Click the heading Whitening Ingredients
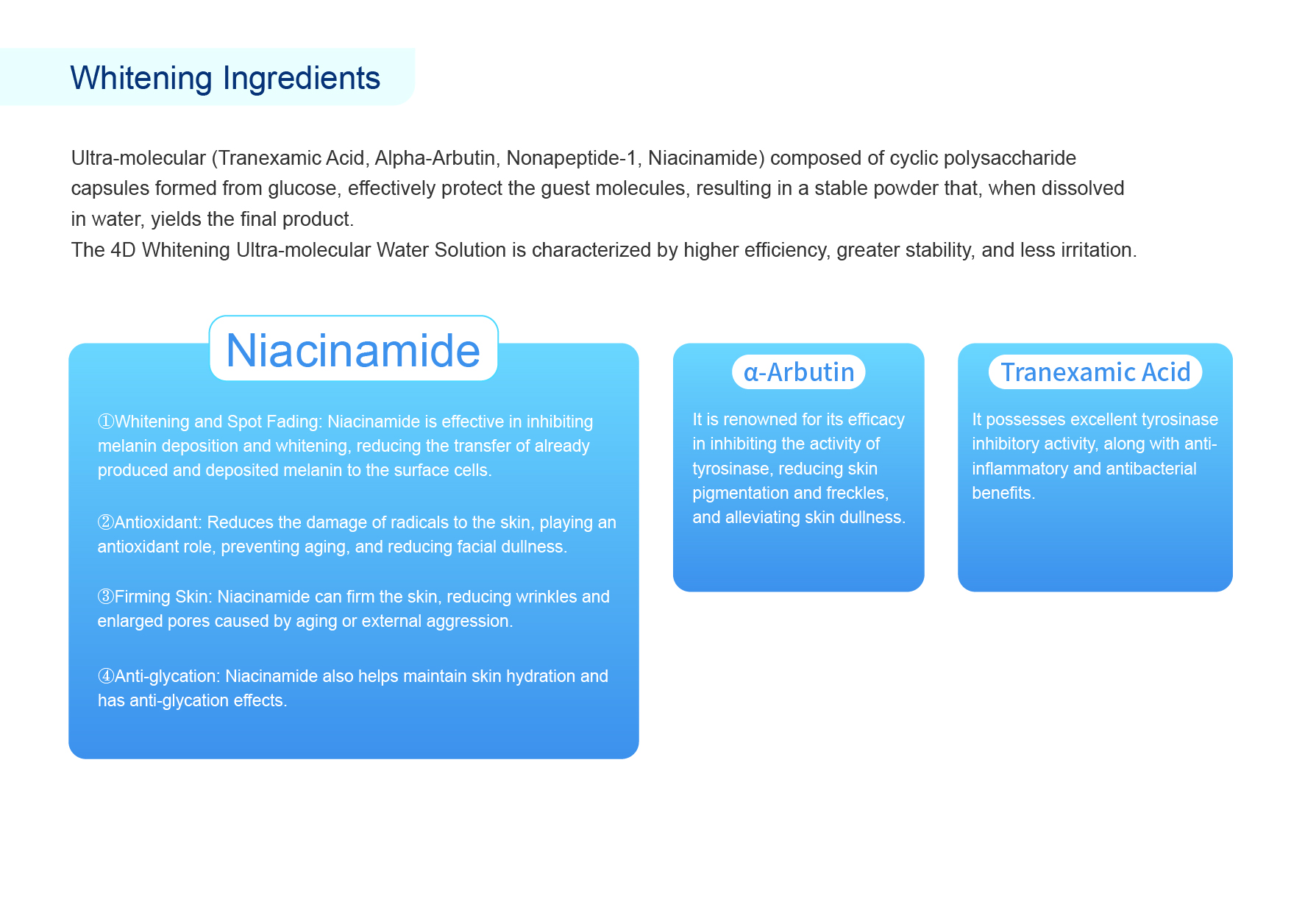click(x=225, y=78)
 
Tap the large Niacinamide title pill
click(x=353, y=349)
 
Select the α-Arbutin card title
click(x=799, y=372)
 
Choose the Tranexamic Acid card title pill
click(x=1095, y=372)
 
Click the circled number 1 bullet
click(x=106, y=422)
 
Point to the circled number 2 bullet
click(x=106, y=522)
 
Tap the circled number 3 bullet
click(x=106, y=597)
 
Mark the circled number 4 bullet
click(x=106, y=676)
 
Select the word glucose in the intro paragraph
click(x=304, y=189)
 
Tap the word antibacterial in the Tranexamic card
click(x=1146, y=469)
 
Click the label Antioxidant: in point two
click(x=158, y=522)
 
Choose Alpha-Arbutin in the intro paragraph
click(x=435, y=158)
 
